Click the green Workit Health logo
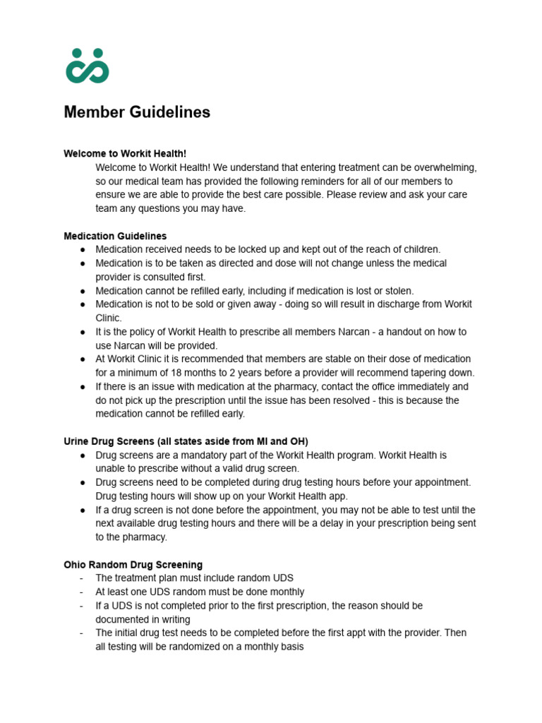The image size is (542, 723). point(88,66)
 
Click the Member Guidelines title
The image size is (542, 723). point(137,112)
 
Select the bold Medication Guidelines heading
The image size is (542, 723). point(115,236)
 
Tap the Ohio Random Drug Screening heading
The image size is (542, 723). point(133,565)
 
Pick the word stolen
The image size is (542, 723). point(395,291)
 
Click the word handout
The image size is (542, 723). point(379,332)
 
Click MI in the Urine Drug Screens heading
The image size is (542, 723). point(272,442)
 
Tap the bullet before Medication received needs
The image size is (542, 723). point(83,250)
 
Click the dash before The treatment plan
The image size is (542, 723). point(82,578)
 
